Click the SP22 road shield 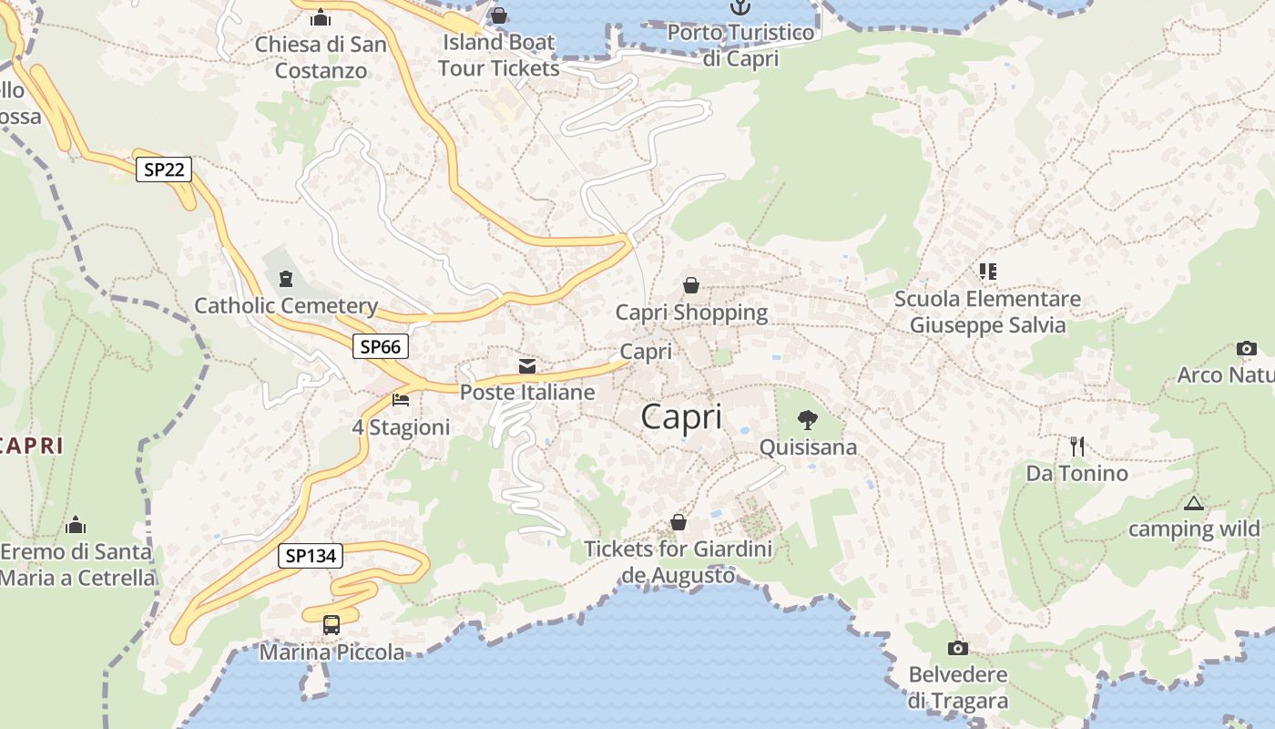click(164, 169)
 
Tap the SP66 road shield click(381, 346)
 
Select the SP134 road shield click(311, 555)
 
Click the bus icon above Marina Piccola click(331, 625)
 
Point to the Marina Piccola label click(331, 652)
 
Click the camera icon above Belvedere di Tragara click(958, 648)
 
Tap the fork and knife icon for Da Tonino click(1077, 447)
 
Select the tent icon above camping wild click(1194, 503)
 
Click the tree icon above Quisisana click(807, 420)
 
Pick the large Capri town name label click(681, 416)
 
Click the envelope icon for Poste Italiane click(527, 366)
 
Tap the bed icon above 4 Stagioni click(401, 399)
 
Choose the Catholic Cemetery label click(286, 305)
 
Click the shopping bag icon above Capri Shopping click(691, 286)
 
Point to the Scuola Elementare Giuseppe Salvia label click(987, 312)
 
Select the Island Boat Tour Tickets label click(498, 55)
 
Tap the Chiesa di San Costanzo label click(321, 56)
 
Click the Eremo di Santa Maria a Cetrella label click(77, 564)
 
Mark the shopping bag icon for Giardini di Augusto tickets click(678, 522)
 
